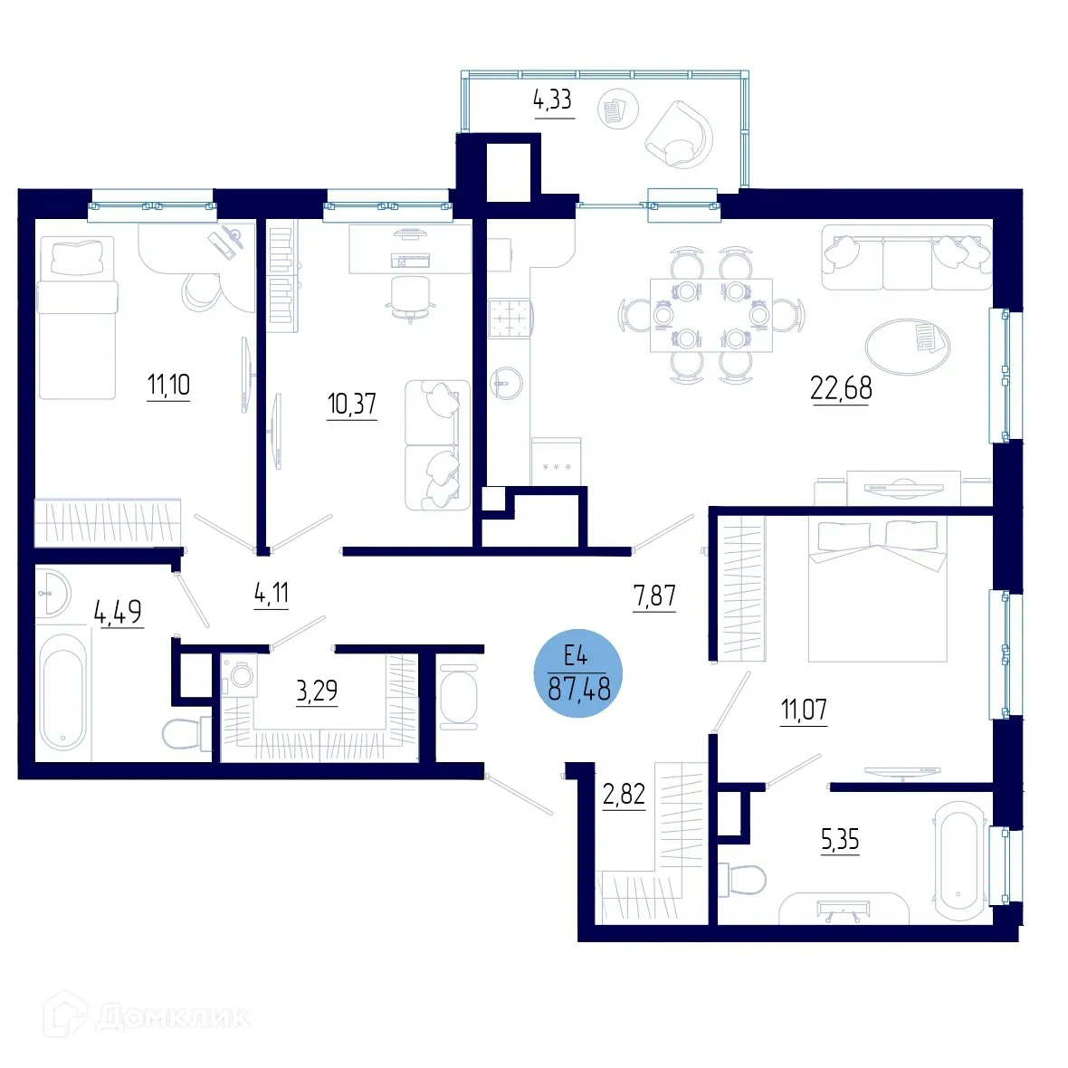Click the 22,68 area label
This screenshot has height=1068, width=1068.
841,388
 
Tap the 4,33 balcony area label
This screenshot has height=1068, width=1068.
552,100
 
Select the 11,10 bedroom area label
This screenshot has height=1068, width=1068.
168,386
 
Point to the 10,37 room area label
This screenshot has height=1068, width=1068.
351,404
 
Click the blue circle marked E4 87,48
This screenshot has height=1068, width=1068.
579,674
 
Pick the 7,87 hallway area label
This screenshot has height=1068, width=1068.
654,596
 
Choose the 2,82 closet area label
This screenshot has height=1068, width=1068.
624,795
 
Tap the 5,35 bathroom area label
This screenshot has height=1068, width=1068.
839,840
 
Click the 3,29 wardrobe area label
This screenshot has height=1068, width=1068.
317,691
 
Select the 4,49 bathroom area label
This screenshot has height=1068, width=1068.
119,612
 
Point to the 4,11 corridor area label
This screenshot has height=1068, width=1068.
272,594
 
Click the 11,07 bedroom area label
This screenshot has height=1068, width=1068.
804,710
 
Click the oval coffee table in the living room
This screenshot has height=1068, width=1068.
907,345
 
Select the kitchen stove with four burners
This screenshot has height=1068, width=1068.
510,318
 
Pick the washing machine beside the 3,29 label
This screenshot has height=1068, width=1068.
240,675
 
